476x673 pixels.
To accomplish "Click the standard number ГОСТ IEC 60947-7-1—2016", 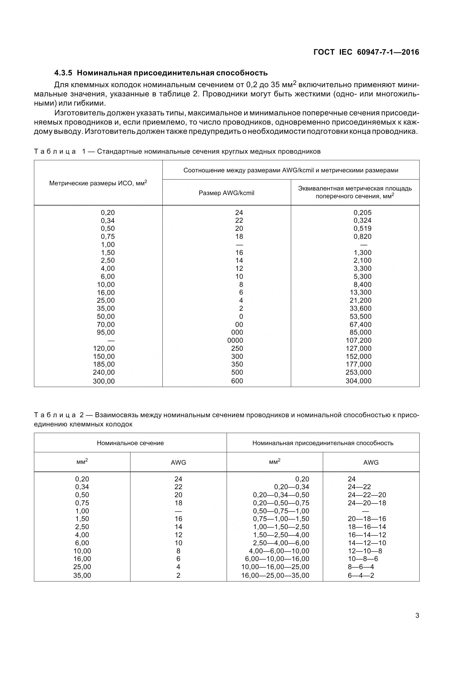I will coord(366,52).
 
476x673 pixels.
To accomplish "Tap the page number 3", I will coord(417,615).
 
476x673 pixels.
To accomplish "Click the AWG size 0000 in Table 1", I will coord(235,340).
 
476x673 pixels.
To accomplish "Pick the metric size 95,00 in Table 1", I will coord(106,332).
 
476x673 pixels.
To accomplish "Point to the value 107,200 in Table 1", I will coord(359,340).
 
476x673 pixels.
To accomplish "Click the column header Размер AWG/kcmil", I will coord(226,193).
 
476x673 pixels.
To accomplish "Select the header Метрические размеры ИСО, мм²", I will coord(98,183).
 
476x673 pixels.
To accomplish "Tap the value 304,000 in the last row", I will coord(359,381).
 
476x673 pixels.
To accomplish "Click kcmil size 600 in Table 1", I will coord(237,381).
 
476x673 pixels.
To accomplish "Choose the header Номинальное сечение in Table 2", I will coord(130,443).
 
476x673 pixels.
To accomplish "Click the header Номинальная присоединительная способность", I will coord(323,443).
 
